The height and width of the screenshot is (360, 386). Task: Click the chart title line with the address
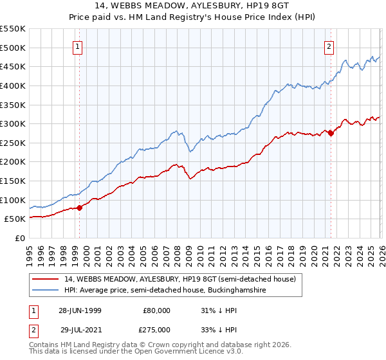[x=192, y=7]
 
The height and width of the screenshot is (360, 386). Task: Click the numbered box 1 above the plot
[x=77, y=46]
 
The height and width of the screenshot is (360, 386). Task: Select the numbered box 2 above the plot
[x=329, y=46]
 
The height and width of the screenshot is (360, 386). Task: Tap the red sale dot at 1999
[x=80, y=207]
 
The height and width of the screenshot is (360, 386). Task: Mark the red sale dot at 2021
[x=331, y=133]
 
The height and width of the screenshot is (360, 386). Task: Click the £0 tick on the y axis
[x=19, y=238]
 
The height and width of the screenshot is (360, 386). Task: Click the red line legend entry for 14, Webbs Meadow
[x=179, y=279]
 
